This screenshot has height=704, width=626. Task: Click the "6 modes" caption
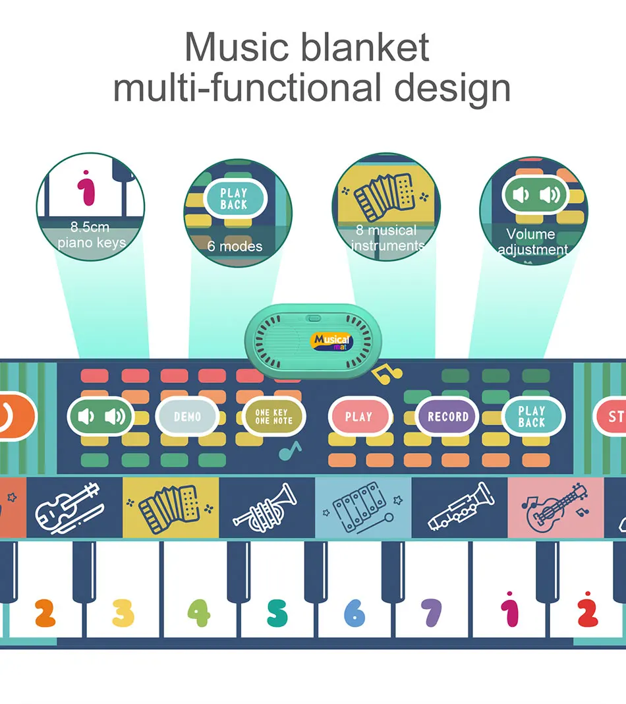[x=235, y=247]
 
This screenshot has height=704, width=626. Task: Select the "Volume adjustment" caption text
[x=532, y=242]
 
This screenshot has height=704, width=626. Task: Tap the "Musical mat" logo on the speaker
[x=333, y=341]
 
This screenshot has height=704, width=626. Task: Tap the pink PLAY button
[x=358, y=417]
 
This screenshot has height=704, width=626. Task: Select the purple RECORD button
[x=447, y=417]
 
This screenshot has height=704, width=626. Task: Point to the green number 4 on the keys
[x=199, y=612]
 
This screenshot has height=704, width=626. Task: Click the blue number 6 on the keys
[x=354, y=613]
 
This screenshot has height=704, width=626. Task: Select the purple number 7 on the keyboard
[x=431, y=612]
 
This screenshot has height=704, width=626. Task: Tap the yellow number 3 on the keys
[x=123, y=612]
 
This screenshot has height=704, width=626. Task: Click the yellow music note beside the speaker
[x=387, y=375]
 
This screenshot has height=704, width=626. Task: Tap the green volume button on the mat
[x=101, y=416]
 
